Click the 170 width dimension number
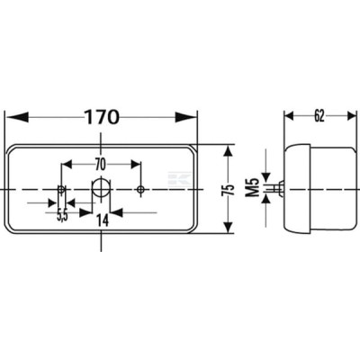(102, 117)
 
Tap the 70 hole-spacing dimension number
(101, 165)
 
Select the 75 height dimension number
(229, 190)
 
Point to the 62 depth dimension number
(319, 116)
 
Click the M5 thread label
(253, 187)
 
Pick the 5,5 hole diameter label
(62, 215)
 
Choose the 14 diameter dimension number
(103, 220)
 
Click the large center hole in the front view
(101, 188)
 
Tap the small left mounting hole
(61, 189)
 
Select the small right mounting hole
(140, 189)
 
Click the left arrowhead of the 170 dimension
(17, 117)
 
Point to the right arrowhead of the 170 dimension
(186, 117)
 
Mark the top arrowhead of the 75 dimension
(229, 151)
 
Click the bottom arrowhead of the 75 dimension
(229, 227)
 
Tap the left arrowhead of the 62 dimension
(289, 116)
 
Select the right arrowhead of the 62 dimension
(351, 116)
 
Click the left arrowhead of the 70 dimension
(67, 165)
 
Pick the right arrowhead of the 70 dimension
(135, 165)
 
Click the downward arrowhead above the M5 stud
(266, 177)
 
